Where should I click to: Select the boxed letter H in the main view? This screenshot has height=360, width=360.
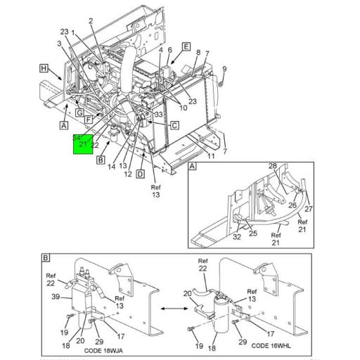44,68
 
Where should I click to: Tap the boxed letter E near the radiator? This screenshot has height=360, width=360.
186,46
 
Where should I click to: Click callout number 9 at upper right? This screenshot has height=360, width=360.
224,68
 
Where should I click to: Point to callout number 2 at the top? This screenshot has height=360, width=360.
91,20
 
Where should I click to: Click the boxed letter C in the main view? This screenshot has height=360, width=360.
174,125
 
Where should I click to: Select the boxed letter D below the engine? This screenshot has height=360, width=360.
141,174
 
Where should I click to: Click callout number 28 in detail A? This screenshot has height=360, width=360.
272,166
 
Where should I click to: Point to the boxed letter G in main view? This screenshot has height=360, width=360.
79,112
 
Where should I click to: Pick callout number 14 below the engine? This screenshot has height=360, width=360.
112,166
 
